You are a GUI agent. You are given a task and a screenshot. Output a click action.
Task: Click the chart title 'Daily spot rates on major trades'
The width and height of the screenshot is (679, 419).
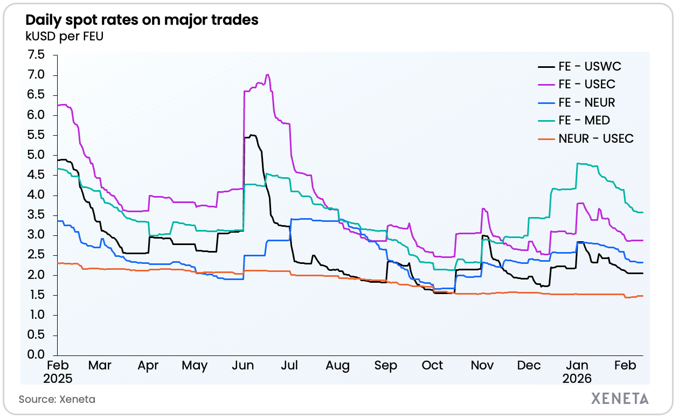tap(142, 20)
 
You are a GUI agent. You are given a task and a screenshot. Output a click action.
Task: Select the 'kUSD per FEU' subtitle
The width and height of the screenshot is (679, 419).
tap(64, 37)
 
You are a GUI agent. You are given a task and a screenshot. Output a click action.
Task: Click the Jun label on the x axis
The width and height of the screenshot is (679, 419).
tap(242, 366)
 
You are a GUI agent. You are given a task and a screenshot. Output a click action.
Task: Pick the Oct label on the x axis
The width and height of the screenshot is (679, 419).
tap(432, 366)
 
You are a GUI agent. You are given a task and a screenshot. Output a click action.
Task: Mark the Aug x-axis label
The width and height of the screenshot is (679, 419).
tap(338, 366)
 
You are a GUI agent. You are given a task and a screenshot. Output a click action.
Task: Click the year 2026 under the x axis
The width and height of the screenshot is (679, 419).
tap(577, 379)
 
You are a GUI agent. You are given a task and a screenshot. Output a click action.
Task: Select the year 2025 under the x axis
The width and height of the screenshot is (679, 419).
tap(58, 379)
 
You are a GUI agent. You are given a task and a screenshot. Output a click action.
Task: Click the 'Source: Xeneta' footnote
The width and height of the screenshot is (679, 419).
tap(57, 399)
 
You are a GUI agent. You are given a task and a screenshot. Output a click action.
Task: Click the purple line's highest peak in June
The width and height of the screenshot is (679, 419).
tap(268, 75)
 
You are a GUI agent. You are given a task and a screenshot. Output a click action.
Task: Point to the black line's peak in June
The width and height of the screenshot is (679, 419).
tap(252, 135)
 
